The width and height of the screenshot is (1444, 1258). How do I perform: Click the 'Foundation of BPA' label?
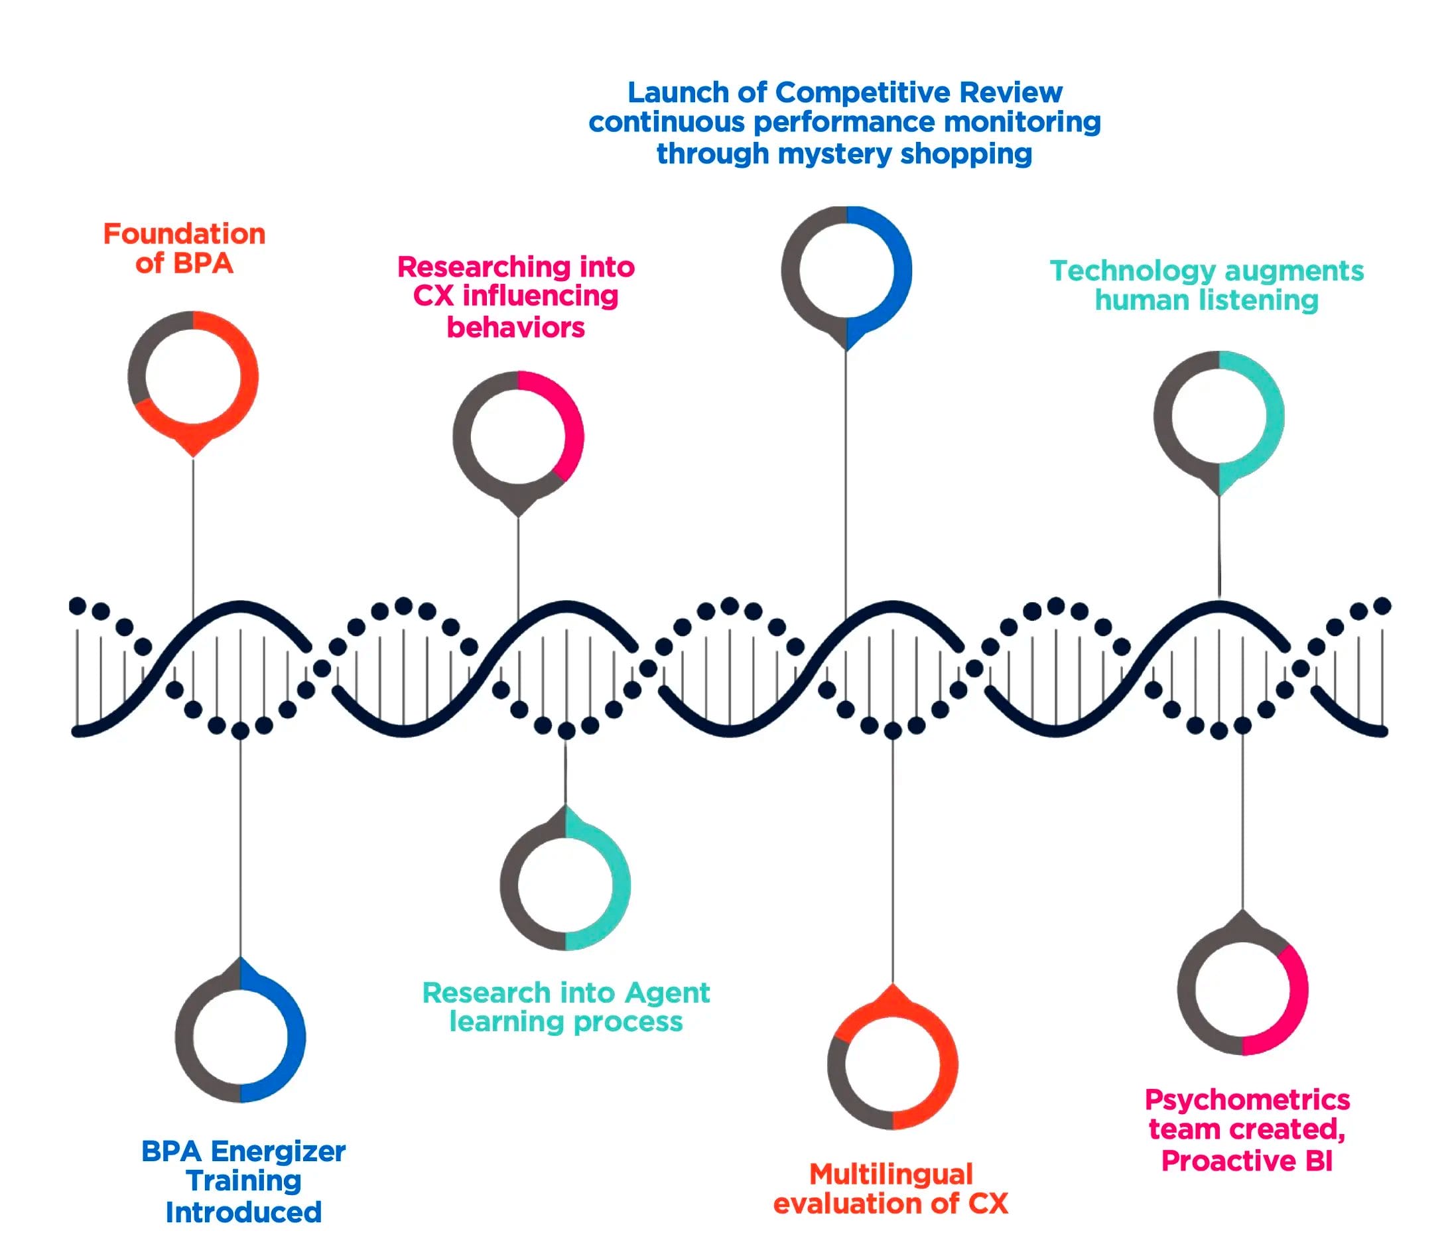(184, 249)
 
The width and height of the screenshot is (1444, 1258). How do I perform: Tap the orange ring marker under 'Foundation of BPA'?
(193, 376)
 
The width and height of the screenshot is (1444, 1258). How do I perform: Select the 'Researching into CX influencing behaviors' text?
(516, 297)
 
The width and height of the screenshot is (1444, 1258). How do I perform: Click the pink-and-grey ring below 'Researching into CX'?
(518, 436)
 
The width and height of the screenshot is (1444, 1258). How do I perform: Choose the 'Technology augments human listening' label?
(1207, 285)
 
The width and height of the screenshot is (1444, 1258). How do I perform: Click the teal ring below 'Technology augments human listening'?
(1218, 416)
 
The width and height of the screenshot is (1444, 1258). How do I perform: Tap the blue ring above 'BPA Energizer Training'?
(240, 1037)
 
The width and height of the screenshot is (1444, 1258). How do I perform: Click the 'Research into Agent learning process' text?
(566, 1007)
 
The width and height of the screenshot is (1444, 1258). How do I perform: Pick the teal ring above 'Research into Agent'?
(565, 885)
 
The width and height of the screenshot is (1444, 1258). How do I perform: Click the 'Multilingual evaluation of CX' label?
(891, 1188)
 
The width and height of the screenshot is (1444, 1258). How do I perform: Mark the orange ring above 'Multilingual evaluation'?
(892, 1064)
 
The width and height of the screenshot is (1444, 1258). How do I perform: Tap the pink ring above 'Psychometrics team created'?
(1242, 989)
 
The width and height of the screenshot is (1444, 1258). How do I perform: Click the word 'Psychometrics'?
(1247, 1100)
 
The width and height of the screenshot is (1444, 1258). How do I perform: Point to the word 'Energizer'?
(277, 1151)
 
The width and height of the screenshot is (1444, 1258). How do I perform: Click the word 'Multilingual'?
(891, 1174)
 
